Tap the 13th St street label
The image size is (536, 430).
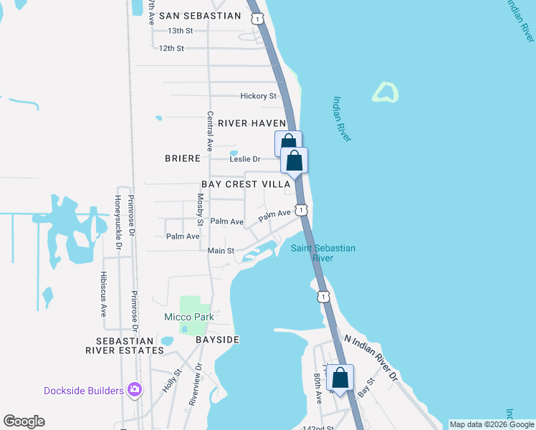[181, 31]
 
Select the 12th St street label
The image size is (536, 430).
[171, 48]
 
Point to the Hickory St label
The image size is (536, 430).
[258, 96]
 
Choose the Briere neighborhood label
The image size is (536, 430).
[182, 158]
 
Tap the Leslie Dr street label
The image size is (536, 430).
[244, 159]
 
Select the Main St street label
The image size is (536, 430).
[221, 251]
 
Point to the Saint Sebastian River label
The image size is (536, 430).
[322, 253]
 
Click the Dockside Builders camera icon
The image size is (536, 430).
[134, 390]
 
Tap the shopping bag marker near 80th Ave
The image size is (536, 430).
[341, 378]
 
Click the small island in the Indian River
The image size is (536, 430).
[385, 92]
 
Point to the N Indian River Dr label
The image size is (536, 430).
[371, 356]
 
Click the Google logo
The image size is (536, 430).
[24, 421]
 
